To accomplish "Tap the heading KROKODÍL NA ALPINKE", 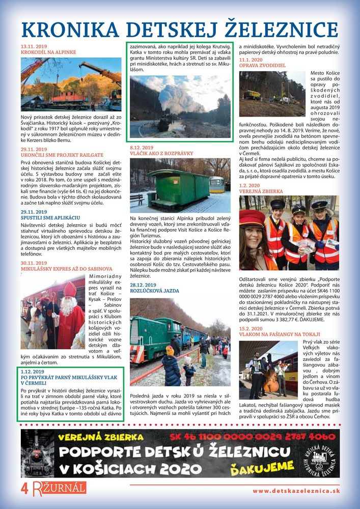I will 48,52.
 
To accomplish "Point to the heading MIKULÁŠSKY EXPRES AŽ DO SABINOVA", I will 67,269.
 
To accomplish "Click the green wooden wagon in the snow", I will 178,187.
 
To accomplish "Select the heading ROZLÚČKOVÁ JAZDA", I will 155,291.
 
